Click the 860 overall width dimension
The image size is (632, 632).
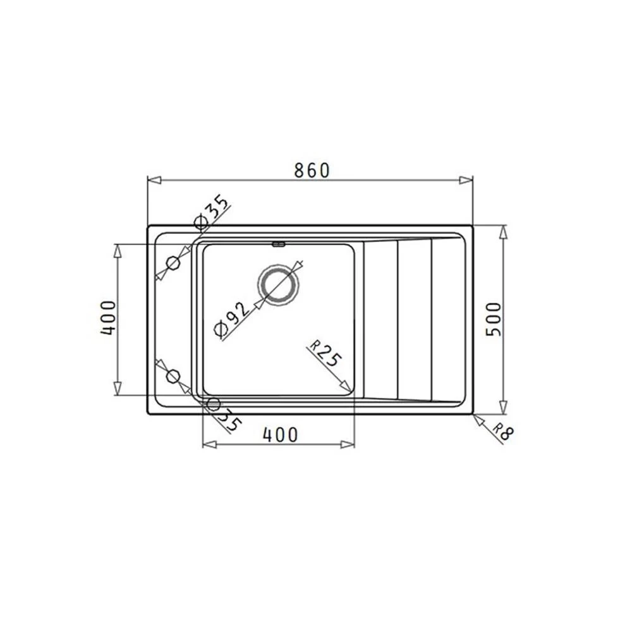(312, 171)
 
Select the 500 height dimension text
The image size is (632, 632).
(494, 319)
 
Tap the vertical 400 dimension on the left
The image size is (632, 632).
(109, 318)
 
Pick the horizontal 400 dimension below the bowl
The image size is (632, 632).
(280, 435)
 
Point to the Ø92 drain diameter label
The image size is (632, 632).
(231, 319)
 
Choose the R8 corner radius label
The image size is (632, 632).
(504, 431)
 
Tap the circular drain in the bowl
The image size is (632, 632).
(278, 285)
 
